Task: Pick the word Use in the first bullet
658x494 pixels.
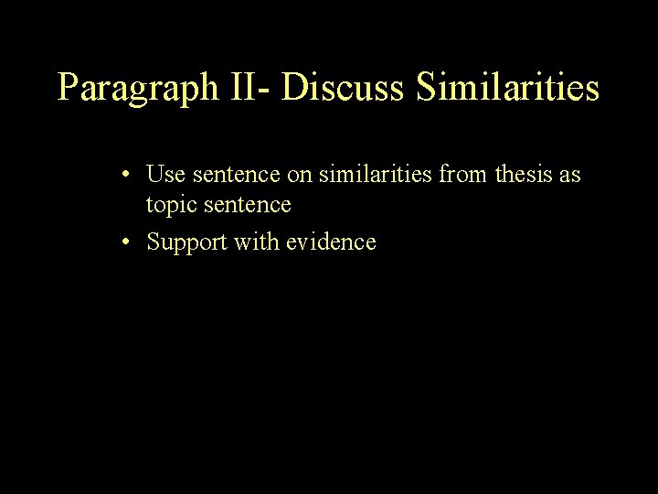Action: click(x=162, y=173)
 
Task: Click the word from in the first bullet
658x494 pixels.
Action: click(x=462, y=173)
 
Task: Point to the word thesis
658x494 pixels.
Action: click(x=521, y=173)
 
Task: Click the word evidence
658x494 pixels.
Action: click(x=333, y=242)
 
